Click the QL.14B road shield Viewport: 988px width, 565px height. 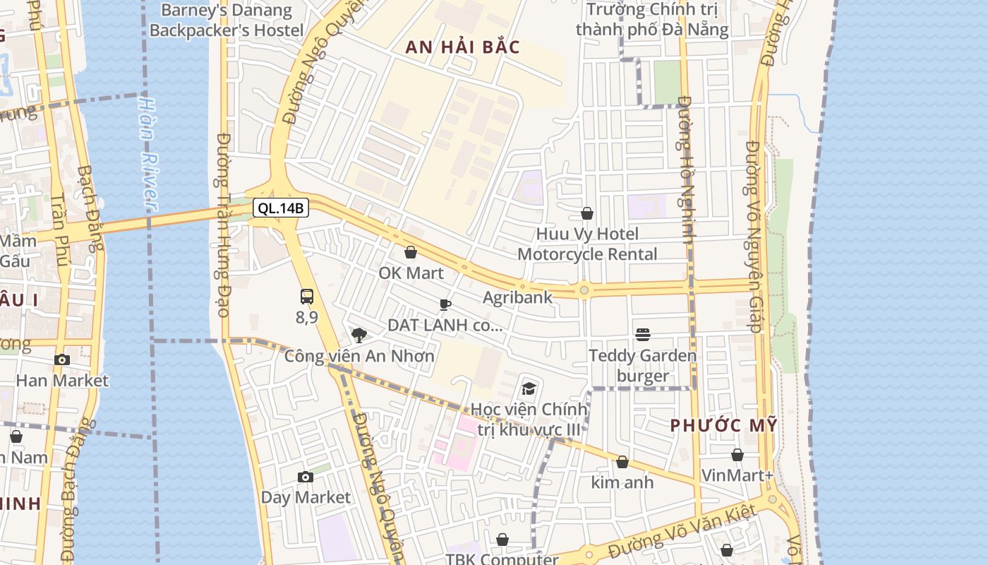(x=281, y=208)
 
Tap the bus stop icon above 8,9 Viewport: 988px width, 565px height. (x=306, y=297)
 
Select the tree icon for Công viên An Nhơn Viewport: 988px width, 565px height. (x=359, y=335)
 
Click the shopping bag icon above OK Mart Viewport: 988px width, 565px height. (x=411, y=252)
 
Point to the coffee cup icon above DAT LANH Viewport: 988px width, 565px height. (x=445, y=305)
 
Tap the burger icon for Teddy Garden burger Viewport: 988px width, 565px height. (x=642, y=334)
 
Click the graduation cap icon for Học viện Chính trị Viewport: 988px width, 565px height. (x=529, y=388)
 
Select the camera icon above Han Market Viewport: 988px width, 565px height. (x=62, y=359)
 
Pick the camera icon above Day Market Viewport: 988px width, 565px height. (x=305, y=477)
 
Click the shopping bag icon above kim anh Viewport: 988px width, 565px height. (x=622, y=462)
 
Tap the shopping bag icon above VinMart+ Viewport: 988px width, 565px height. (x=737, y=455)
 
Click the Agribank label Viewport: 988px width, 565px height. (x=517, y=297)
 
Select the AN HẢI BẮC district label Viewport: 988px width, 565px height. (x=462, y=48)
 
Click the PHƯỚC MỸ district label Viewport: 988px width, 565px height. (x=723, y=426)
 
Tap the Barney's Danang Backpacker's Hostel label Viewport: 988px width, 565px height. (x=226, y=20)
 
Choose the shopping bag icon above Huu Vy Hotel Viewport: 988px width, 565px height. (x=586, y=213)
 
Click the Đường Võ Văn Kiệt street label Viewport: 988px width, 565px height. (x=682, y=532)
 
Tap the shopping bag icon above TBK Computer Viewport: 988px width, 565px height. (x=502, y=540)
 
